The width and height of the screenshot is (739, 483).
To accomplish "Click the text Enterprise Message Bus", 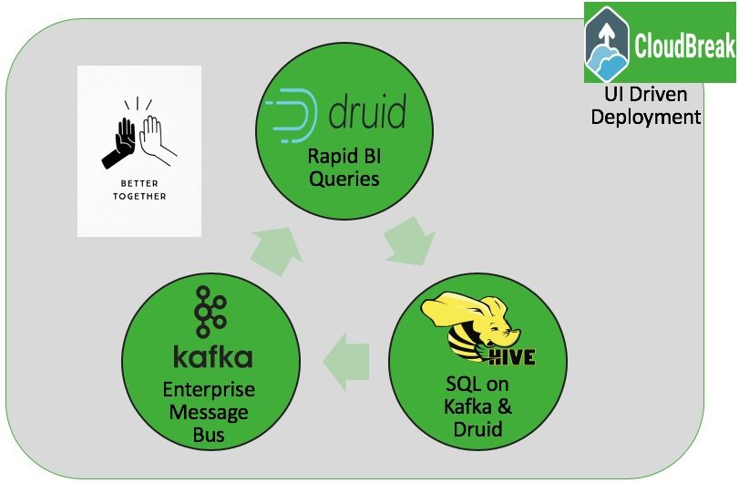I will pos(208,413).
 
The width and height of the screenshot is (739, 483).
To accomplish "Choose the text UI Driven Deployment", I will pos(646,106).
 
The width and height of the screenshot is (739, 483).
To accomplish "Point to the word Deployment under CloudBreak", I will pos(646,117).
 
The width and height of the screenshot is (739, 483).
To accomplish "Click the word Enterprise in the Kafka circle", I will pos(209,390).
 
